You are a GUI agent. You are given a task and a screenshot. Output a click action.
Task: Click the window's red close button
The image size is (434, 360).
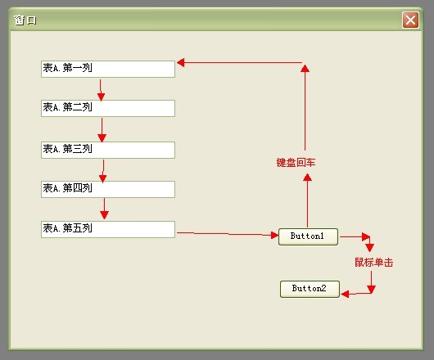pos(410,20)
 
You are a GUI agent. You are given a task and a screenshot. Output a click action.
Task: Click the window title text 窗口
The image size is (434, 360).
pos(25,20)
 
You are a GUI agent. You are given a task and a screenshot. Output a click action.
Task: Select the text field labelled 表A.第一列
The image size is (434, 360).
pos(108,69)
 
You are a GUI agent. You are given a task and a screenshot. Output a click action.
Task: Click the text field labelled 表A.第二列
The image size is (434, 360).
pos(108,108)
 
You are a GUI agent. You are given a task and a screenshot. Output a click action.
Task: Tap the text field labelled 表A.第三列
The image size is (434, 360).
pos(108,151)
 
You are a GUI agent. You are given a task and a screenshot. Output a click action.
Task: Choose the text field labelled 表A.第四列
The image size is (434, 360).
pos(108,189)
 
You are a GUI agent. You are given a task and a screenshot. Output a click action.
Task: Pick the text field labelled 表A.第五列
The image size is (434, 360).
pos(108,229)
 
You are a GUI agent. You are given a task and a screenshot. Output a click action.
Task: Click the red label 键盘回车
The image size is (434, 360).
pos(296,163)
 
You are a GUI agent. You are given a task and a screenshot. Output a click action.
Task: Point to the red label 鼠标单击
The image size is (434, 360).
pos(374,263)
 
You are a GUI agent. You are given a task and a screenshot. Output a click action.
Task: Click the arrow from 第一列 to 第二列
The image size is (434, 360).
pos(101,90)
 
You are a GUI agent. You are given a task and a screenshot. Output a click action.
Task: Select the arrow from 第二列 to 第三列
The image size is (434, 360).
pos(102,130)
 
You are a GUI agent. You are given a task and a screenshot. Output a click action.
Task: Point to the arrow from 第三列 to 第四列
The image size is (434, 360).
pos(103,171)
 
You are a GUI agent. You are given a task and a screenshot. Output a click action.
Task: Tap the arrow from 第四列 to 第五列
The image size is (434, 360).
pos(104,209)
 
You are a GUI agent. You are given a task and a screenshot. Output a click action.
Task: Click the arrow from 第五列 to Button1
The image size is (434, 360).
pos(228,234)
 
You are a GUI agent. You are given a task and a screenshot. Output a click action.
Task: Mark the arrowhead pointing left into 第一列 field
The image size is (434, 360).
pos(180,62)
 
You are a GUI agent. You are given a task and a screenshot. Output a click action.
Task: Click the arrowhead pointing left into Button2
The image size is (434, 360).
pos(345,294)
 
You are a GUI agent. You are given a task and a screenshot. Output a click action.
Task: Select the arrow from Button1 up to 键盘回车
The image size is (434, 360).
pos(307,200)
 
